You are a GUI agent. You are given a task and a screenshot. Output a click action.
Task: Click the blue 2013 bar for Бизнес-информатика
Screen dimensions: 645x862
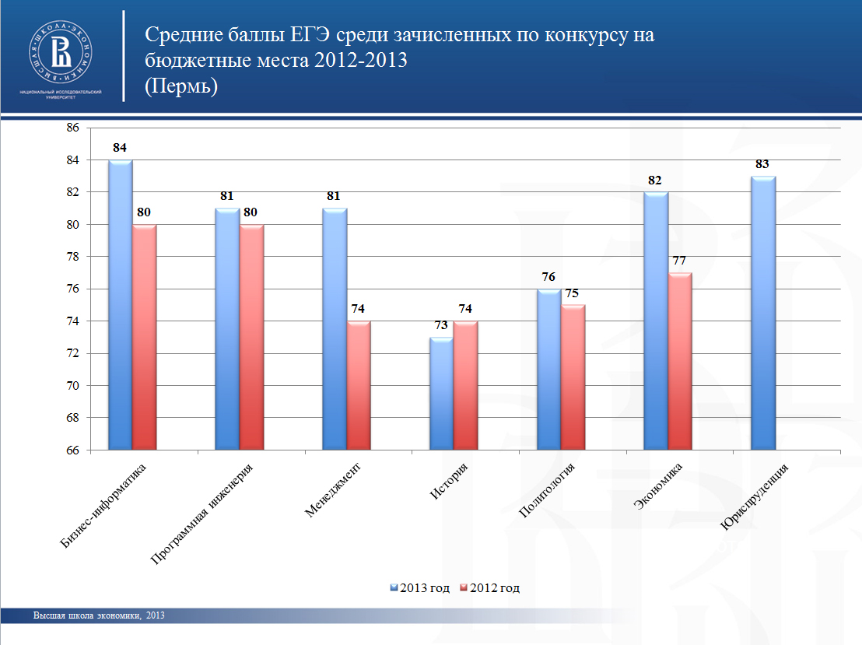[x=120, y=304]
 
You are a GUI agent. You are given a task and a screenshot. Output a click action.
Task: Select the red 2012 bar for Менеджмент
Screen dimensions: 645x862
[x=359, y=385]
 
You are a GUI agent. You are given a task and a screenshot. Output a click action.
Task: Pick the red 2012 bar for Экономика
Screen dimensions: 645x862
[x=680, y=361]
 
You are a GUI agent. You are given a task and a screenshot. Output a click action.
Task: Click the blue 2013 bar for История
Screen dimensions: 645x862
[x=441, y=393]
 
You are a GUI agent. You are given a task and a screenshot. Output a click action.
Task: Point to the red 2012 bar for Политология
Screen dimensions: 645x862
[x=573, y=377]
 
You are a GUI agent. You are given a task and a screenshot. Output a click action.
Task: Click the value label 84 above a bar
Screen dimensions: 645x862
[x=120, y=148]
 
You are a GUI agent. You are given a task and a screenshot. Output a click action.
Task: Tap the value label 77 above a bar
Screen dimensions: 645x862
[x=680, y=261]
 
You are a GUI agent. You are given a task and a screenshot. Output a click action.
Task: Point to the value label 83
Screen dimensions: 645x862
[x=763, y=164]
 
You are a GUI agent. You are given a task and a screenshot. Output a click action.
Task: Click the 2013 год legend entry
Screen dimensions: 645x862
[x=420, y=588]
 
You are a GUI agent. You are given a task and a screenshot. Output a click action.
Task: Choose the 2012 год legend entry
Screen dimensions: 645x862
[x=490, y=588]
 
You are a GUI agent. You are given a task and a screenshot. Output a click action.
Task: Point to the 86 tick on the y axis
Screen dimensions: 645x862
[x=73, y=128]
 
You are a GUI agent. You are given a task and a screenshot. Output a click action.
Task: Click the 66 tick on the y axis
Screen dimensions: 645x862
[x=73, y=450]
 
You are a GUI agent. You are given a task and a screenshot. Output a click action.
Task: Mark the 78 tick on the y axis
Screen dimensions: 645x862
[x=73, y=257]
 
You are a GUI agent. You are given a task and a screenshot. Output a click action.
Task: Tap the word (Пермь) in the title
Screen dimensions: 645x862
[x=181, y=86]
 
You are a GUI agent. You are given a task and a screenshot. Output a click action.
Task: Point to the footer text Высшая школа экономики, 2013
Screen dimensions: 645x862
[x=99, y=616]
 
